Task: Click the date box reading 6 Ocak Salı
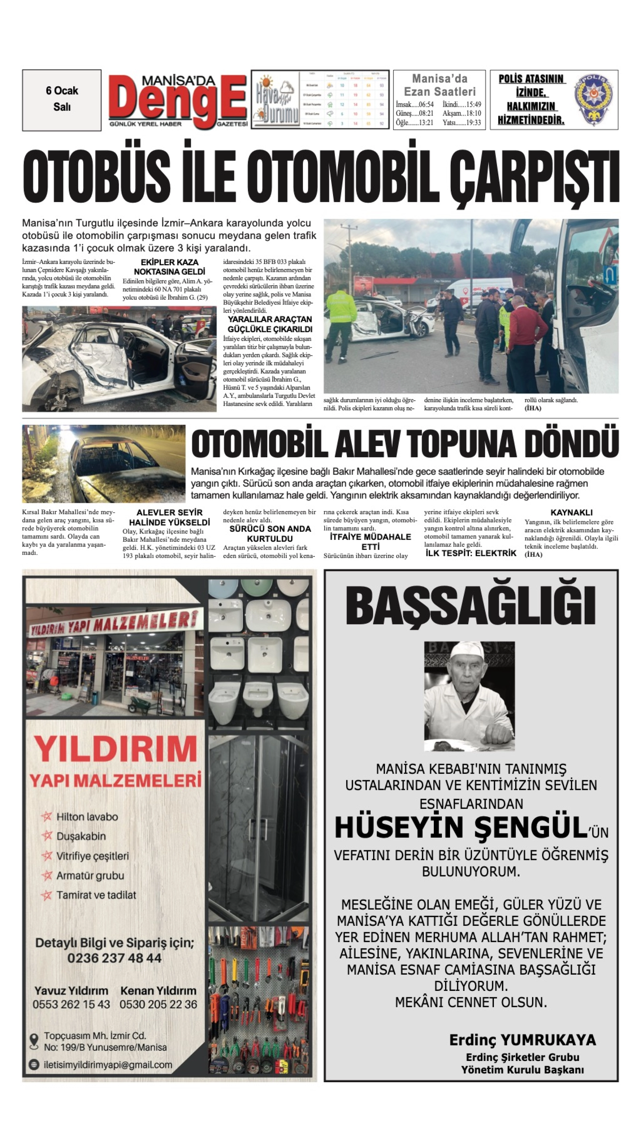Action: click(62, 99)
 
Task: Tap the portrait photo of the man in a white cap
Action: click(469, 696)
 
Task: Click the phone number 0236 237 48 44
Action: click(114, 958)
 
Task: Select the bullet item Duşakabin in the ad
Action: click(81, 836)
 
